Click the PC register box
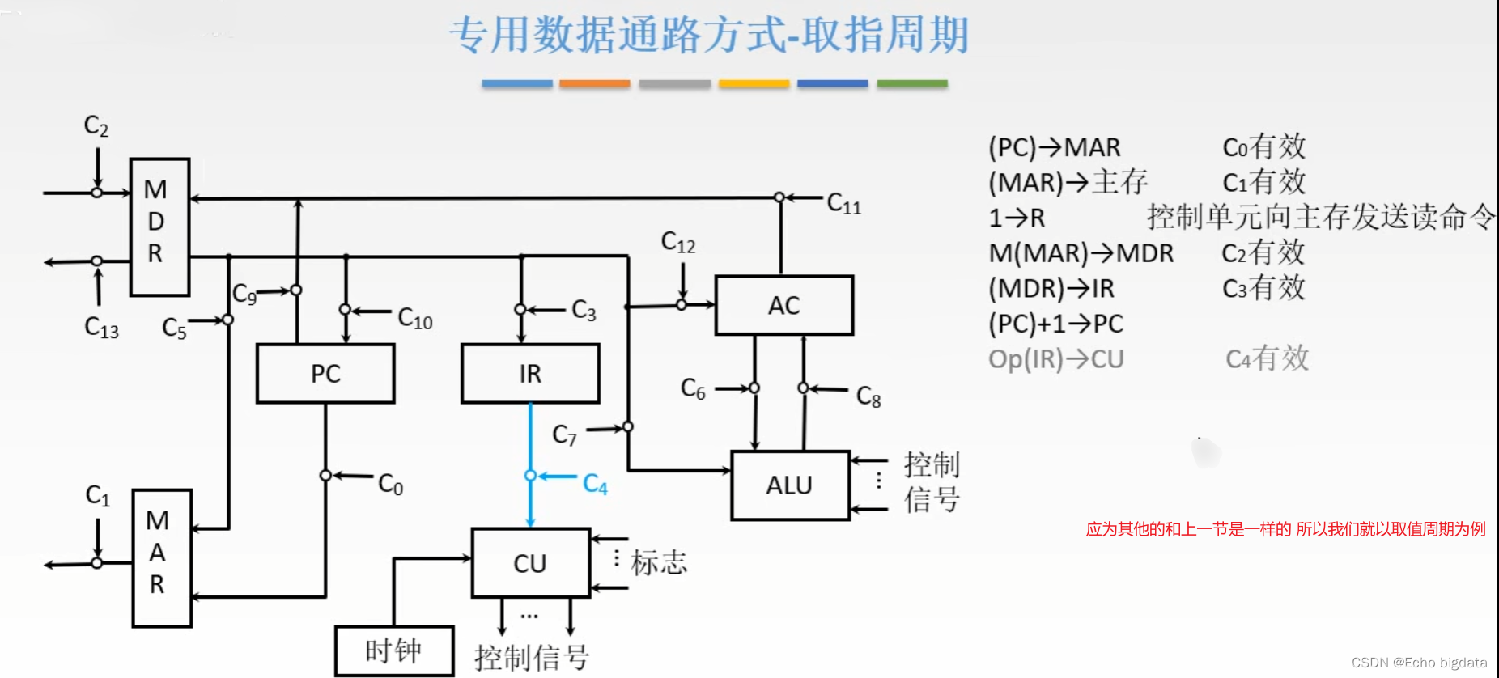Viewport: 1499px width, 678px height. click(x=325, y=374)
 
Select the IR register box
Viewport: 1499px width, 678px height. click(x=530, y=374)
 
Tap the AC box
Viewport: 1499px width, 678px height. click(x=783, y=306)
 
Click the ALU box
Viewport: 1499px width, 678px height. click(x=789, y=485)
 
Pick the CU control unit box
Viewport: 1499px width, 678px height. click(x=530, y=563)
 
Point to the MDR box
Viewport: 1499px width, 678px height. click(x=159, y=227)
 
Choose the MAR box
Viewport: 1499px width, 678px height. click(x=162, y=558)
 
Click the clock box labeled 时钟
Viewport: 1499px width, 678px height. click(x=394, y=650)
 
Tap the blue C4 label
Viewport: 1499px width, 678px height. click(x=595, y=485)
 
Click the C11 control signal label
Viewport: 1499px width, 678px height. click(x=844, y=204)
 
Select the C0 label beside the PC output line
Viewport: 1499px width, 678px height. click(x=391, y=485)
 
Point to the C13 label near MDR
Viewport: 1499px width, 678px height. click(x=101, y=328)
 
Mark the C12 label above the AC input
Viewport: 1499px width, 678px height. click(x=678, y=242)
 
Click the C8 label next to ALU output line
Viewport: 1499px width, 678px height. click(x=868, y=396)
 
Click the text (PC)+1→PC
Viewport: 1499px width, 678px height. click(x=1055, y=324)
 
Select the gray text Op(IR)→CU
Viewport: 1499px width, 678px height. click(x=1055, y=358)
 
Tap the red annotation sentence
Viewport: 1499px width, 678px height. click(x=1285, y=529)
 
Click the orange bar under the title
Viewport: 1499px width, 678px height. click(x=594, y=83)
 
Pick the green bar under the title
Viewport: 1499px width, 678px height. click(x=912, y=83)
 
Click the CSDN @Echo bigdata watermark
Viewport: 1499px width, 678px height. click(x=1419, y=663)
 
